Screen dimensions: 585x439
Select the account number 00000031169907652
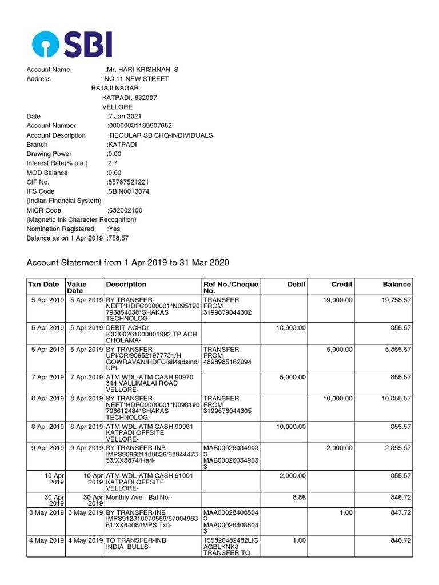(x=140, y=126)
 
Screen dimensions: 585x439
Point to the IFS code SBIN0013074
(x=129, y=191)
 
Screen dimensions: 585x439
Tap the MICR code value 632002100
(x=126, y=210)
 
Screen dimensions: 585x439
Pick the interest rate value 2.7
(x=112, y=163)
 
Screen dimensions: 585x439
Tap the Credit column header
(x=342, y=285)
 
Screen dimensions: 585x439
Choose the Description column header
(x=126, y=285)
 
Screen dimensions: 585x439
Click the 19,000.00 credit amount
(x=338, y=300)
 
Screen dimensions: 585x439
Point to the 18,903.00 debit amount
(x=291, y=328)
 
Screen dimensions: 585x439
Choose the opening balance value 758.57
(x=118, y=238)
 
